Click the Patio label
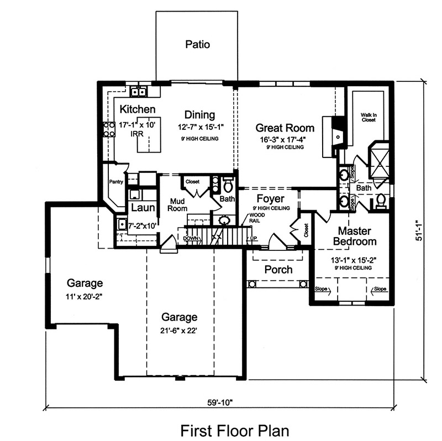[x=197, y=44]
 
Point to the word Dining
[x=199, y=115]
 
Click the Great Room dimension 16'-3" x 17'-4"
[x=285, y=140]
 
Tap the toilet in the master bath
[x=381, y=202]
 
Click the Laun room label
[x=141, y=208]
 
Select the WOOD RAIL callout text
[x=256, y=218]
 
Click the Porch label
[x=278, y=270]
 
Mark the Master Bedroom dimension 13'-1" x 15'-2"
[x=347, y=260]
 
